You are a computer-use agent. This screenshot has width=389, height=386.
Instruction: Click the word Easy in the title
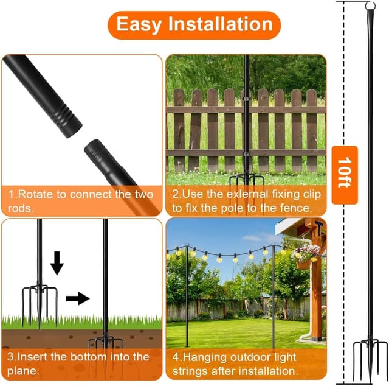pyautogui.click(x=139, y=24)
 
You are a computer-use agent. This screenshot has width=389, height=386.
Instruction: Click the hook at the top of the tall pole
pyautogui.click(x=370, y=7)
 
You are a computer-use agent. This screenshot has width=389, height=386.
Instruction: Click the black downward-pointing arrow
pyautogui.click(x=57, y=262)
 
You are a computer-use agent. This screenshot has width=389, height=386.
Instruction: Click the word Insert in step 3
pyautogui.click(x=33, y=356)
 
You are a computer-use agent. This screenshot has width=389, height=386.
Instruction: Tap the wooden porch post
pyautogui.click(x=315, y=292)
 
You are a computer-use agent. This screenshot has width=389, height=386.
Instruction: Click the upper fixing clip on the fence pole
pyautogui.click(x=246, y=97)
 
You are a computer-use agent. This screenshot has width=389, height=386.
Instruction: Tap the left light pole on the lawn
pyautogui.click(x=186, y=298)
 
